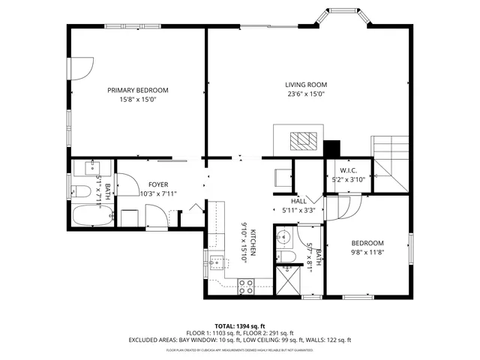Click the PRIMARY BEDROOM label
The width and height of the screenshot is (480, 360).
pyautogui.click(x=137, y=90)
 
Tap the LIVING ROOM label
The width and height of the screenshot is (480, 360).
pyautogui.click(x=305, y=85)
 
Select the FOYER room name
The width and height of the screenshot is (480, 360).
pyautogui.click(x=158, y=184)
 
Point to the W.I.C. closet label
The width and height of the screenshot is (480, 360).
pyautogui.click(x=348, y=170)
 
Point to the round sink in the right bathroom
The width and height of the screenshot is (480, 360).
pyautogui.click(x=283, y=238)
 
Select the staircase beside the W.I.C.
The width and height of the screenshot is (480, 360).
pyautogui.click(x=390, y=162)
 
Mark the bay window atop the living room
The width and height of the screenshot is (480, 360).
pyautogui.click(x=341, y=19)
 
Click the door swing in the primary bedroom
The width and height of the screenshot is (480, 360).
pyautogui.click(x=81, y=68)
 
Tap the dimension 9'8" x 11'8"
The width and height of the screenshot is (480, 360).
pyautogui.click(x=367, y=253)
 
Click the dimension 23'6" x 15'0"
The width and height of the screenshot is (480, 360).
pyautogui.click(x=305, y=94)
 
